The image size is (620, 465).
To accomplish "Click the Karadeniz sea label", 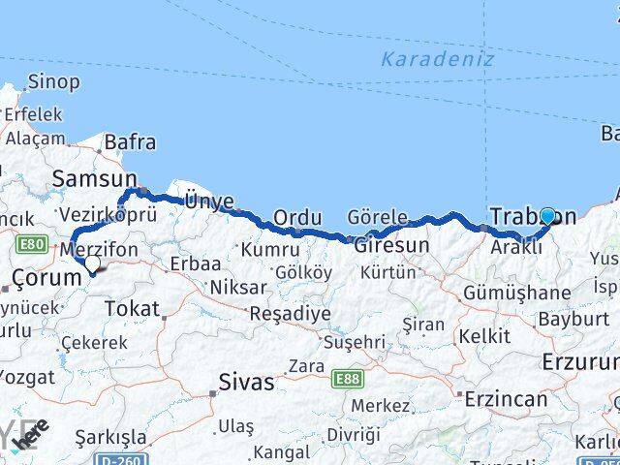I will point(437,59).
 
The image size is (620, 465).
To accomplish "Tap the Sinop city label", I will point(53,82).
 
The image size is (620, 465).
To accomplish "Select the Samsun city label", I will point(95,178).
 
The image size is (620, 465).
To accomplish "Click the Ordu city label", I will point(297,218).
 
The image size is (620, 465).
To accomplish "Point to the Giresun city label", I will point(391,245).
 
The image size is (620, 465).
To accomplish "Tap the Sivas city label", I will point(247,382).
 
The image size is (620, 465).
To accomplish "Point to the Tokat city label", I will point(131,308).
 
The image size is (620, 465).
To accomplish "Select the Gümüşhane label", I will point(516,293).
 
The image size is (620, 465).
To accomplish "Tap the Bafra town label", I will point(130,141).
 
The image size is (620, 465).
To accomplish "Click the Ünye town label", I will point(209,201).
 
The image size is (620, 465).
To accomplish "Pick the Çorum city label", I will point(45,278).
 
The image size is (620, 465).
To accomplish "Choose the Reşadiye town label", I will point(290,314).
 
